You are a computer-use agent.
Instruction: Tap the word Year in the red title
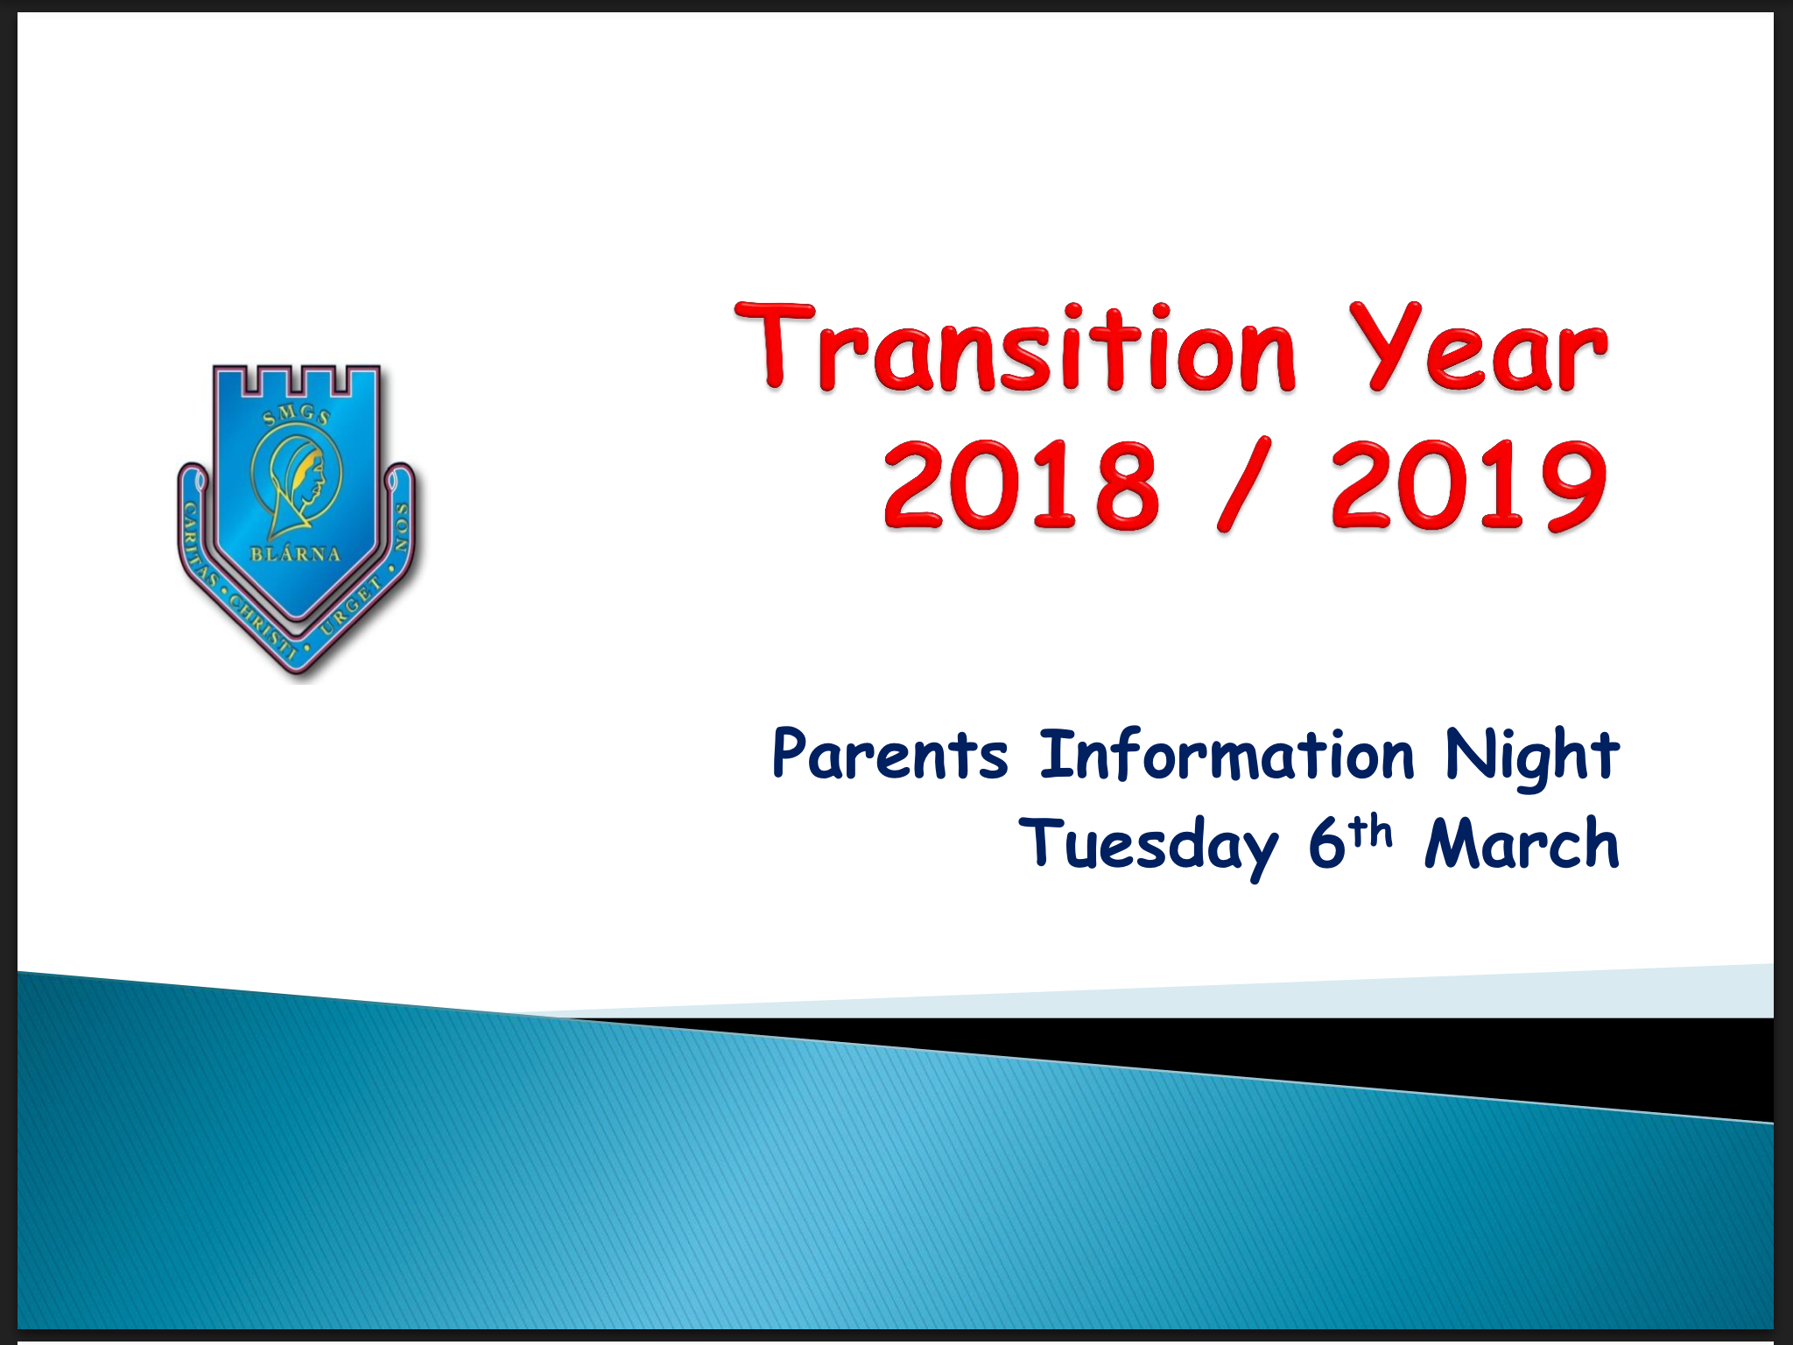pos(1478,349)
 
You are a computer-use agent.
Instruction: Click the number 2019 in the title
pos(1469,486)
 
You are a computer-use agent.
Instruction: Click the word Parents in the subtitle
pos(889,755)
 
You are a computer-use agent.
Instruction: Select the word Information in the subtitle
pos(1226,755)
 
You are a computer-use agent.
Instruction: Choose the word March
pos(1522,844)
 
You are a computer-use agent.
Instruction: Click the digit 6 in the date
pos(1325,844)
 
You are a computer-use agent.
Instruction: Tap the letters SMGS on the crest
pos(297,417)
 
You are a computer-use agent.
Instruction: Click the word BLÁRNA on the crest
pos(295,554)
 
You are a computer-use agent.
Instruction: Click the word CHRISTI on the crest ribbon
pos(262,623)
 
